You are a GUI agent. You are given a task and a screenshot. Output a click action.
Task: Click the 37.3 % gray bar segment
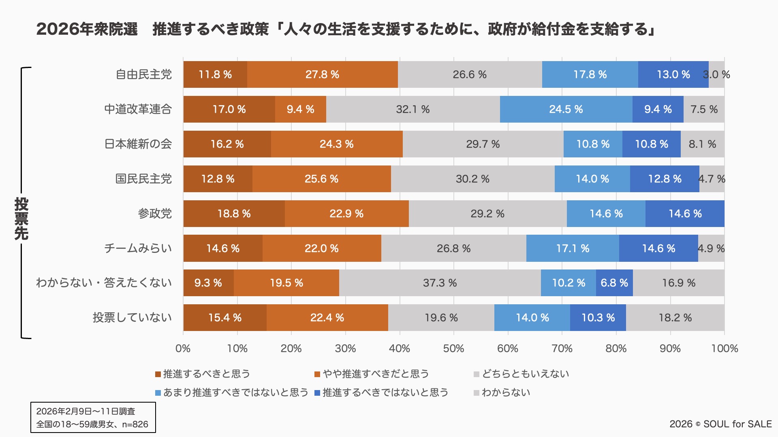pos(440,283)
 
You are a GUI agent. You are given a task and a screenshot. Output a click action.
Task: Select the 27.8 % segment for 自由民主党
pos(322,74)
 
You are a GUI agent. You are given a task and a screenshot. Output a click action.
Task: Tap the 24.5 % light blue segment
pos(566,109)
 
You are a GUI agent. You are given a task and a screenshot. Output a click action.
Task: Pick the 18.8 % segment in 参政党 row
pos(234,214)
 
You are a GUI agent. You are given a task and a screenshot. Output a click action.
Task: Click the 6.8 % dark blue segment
pos(614,283)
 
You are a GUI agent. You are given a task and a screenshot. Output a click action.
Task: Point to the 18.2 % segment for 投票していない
pos(675,318)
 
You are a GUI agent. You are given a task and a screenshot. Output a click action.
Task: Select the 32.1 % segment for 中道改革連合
pos(413,109)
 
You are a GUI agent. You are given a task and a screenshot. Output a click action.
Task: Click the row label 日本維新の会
pos(138,144)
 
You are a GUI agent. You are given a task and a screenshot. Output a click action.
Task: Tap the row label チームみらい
pos(138,248)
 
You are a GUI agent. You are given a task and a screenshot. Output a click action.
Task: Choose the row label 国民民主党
pos(143,179)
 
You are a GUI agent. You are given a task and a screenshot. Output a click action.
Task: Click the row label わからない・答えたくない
pos(104,283)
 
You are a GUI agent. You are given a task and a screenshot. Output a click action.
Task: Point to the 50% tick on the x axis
pos(453,348)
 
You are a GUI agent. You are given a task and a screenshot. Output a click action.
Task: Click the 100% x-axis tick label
pos(724,348)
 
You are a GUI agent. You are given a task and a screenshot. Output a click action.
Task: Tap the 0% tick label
pos(183,348)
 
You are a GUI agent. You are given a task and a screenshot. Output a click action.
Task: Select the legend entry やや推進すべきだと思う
pos(375,374)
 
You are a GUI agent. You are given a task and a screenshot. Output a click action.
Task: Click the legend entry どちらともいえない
pos(525,374)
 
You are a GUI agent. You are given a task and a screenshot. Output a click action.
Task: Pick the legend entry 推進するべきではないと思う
pos(385,392)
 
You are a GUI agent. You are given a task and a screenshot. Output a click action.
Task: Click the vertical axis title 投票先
pos(21,218)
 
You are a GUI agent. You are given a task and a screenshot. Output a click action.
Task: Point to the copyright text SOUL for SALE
pos(737,424)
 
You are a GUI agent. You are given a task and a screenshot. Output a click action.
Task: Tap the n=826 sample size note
pos(135,424)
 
